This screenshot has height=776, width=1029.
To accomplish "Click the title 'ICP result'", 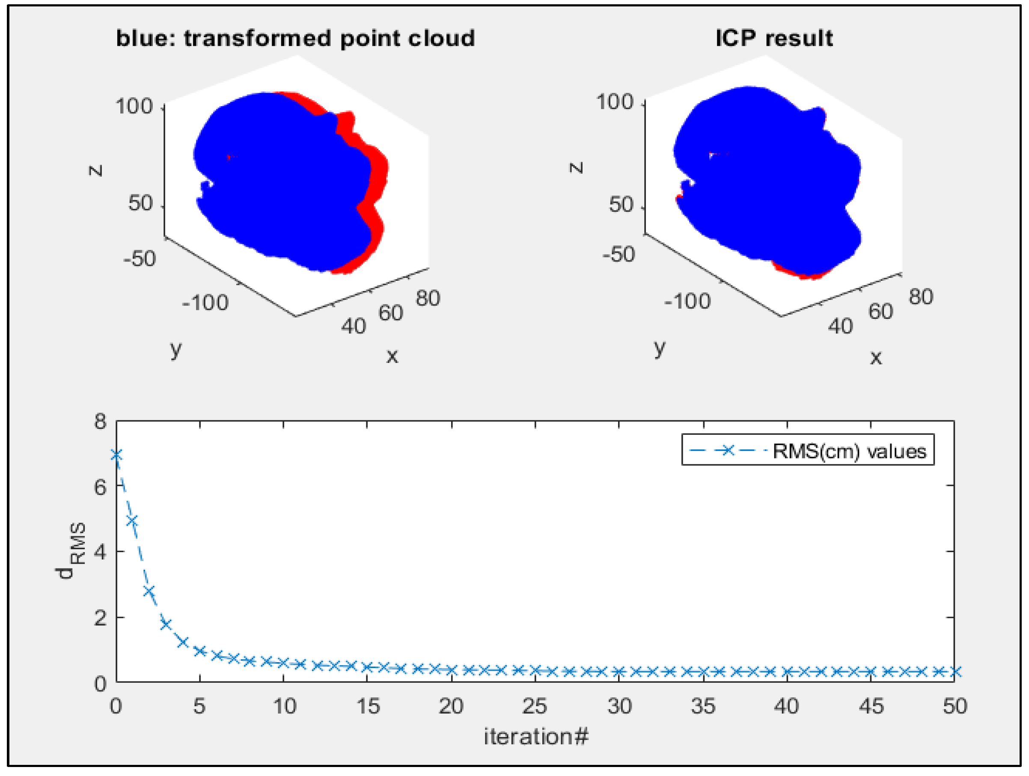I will [x=774, y=38].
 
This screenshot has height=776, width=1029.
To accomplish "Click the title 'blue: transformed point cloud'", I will [x=295, y=38].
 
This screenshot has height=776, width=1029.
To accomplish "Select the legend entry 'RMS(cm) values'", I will [x=849, y=451].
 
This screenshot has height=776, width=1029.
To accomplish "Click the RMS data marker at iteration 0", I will [x=116, y=455].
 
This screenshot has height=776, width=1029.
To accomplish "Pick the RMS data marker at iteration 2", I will [x=149, y=591].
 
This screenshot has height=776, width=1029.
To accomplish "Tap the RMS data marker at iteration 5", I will [x=200, y=651].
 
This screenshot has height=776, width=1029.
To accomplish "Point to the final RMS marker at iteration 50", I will [x=954, y=672].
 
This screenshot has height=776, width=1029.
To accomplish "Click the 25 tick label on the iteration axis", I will [x=535, y=706].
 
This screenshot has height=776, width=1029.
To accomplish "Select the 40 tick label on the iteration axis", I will [x=787, y=706].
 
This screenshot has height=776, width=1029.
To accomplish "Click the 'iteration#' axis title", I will [x=536, y=737].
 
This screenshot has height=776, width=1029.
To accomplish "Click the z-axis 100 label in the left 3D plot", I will [x=134, y=107].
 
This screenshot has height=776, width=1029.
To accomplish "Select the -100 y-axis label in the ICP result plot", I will [x=687, y=301].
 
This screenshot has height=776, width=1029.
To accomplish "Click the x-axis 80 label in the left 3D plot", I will [x=428, y=298].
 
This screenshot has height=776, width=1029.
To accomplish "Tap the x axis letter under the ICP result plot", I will [x=876, y=357].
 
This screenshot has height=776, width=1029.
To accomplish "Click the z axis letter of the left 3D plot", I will [x=95, y=170].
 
